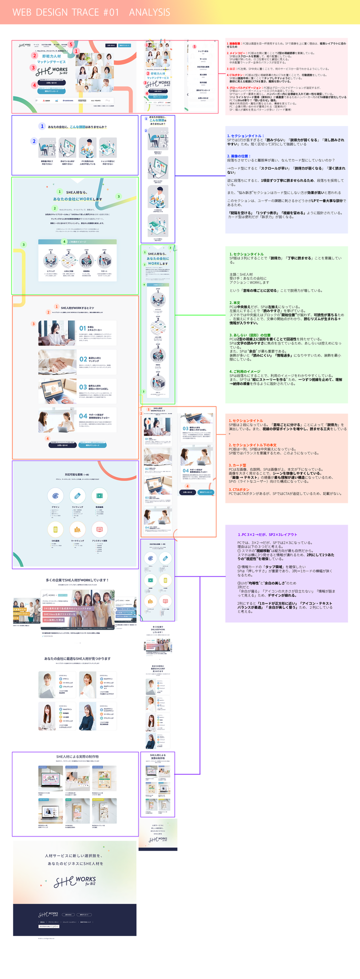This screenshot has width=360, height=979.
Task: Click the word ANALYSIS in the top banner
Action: pyautogui.click(x=149, y=12)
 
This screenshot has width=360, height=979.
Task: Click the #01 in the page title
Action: pyautogui.click(x=111, y=12)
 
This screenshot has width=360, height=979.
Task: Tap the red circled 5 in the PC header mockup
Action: pyautogui.click(x=70, y=44)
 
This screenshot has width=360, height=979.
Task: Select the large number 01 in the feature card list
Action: pyautogui.click(x=82, y=328)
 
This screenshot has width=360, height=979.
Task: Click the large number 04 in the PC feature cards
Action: pyautogui.click(x=83, y=415)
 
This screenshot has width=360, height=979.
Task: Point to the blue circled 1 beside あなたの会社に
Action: pyautogui.click(x=42, y=126)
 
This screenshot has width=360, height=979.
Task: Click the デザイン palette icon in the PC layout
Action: pyautogui.click(x=55, y=495)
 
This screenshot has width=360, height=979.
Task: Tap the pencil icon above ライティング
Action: pyautogui.click(x=77, y=495)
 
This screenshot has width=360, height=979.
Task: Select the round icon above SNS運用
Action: pyautogui.click(x=55, y=529)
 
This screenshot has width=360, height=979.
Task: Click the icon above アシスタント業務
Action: pyautogui.click(x=99, y=529)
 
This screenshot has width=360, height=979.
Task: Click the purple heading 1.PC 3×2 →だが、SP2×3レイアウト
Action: pyautogui.click(x=267, y=534)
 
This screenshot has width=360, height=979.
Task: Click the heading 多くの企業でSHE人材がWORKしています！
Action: pyautogui.click(x=77, y=580)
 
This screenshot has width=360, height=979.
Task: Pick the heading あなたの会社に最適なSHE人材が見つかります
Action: pyautogui.click(x=77, y=658)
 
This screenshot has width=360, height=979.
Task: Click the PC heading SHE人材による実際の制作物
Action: pyautogui.click(x=77, y=756)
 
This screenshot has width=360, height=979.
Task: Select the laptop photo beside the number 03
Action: pyautogui.click(x=57, y=389)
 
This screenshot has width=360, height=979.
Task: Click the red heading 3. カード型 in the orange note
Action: pyautogui.click(x=237, y=465)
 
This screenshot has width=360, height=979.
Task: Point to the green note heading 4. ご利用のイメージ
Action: pyautogui.click(x=245, y=371)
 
